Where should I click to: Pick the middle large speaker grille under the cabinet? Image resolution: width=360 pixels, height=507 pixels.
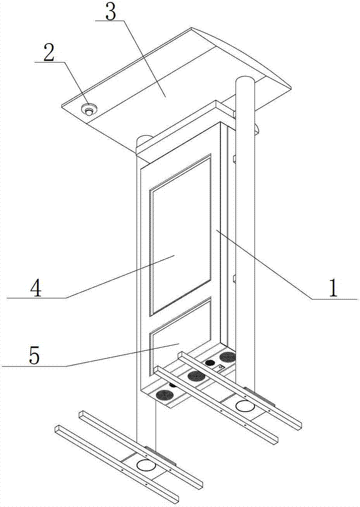[196, 376]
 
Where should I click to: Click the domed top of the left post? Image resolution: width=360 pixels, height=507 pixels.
[146, 137]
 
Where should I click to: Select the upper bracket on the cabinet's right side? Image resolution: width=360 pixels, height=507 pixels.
[234, 159]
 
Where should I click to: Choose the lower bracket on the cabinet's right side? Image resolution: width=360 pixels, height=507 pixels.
[234, 278]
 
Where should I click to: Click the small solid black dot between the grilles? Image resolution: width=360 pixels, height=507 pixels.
[209, 363]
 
